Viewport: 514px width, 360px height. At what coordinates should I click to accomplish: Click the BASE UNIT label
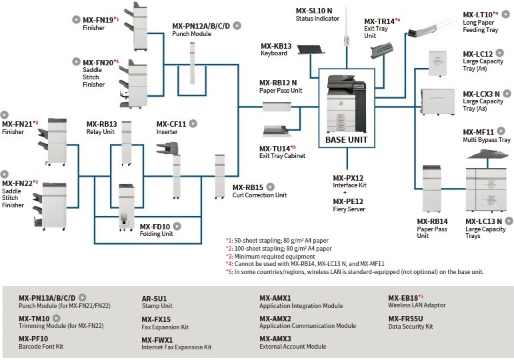[346, 140]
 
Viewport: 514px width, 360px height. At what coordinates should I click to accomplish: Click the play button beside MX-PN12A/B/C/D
[237, 25]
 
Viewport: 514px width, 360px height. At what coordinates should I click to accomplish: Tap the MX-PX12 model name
[348, 178]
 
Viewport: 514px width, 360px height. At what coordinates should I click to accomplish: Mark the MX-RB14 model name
[432, 221]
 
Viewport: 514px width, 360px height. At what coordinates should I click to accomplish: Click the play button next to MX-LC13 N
[509, 221]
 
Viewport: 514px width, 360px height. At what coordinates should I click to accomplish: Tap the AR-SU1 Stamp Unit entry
[154, 298]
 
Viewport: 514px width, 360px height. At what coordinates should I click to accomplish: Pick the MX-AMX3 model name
[275, 339]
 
